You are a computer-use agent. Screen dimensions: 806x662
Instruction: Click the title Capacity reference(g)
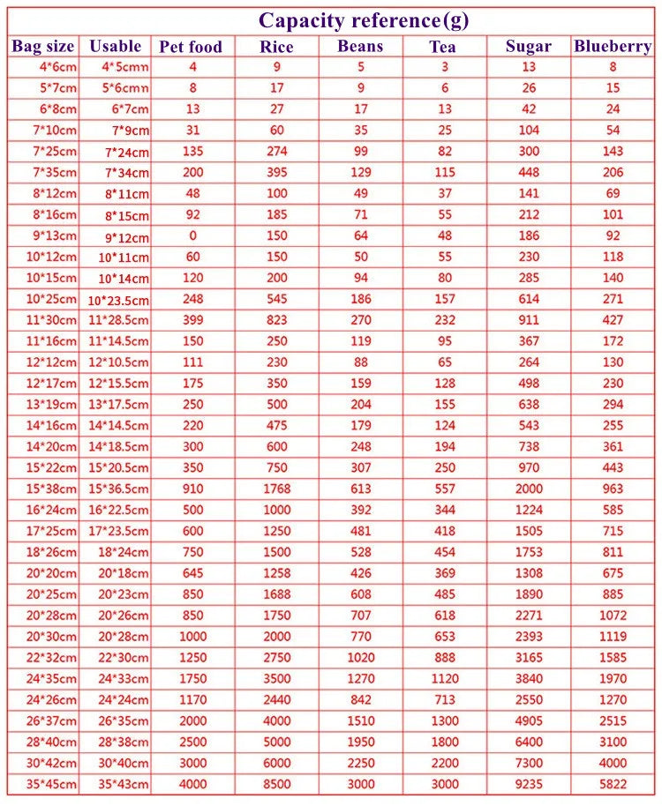tap(364, 20)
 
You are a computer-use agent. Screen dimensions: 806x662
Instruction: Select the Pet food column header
tap(191, 47)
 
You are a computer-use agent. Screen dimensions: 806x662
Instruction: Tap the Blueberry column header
tap(613, 47)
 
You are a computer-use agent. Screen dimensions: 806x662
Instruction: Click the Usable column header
tap(116, 46)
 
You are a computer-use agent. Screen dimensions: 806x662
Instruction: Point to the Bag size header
tap(43, 46)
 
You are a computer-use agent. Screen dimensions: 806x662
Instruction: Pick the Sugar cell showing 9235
tap(528, 784)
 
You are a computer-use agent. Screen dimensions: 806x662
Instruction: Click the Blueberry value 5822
tap(613, 784)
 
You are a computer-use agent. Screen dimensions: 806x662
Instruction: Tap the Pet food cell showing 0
tap(192, 235)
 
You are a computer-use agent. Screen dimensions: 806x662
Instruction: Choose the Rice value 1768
tap(277, 489)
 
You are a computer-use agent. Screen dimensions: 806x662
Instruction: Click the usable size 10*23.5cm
tap(118, 300)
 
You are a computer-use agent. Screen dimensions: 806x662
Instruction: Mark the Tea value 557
tap(445, 489)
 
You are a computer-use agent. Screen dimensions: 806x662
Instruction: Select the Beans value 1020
tap(359, 657)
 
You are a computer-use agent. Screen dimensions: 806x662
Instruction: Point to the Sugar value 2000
tap(528, 489)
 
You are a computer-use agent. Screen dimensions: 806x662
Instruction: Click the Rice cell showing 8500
tap(277, 784)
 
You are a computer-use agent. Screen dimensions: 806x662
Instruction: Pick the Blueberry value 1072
tap(613, 616)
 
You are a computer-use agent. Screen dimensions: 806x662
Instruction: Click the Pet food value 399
tap(192, 320)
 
